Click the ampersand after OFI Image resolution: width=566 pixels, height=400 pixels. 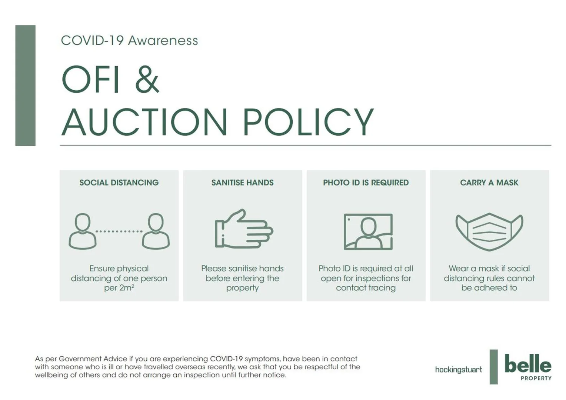click(x=147, y=79)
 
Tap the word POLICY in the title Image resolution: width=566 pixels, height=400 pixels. click(x=308, y=122)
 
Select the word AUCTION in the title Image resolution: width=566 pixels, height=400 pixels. click(x=144, y=122)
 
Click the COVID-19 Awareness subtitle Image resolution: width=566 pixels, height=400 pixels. click(x=129, y=40)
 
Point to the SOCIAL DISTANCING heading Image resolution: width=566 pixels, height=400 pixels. click(x=119, y=183)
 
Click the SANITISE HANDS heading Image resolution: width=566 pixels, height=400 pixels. click(x=242, y=183)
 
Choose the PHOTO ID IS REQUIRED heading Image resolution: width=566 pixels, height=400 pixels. click(x=366, y=183)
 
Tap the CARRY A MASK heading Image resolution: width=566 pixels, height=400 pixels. click(x=489, y=183)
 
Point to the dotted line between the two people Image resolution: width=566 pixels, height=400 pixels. click(x=119, y=231)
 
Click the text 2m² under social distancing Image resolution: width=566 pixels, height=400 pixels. click(x=126, y=288)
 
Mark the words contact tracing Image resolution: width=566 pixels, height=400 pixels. click(x=366, y=288)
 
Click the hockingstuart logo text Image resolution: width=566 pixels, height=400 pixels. click(x=458, y=369)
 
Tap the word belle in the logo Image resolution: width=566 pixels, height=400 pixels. click(x=528, y=364)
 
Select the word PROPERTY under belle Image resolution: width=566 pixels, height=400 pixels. click(x=536, y=378)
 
